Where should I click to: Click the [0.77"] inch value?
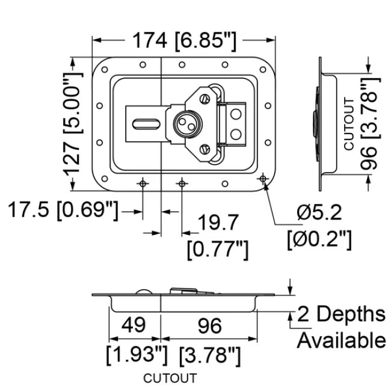point(218,248)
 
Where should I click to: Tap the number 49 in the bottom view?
point(134,325)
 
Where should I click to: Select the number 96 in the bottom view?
point(210,325)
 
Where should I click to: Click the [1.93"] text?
point(136,356)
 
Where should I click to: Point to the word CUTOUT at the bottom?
point(170,378)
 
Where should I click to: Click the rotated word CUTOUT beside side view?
point(349,123)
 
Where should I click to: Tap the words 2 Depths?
point(342,314)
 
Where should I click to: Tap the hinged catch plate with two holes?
point(235,124)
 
